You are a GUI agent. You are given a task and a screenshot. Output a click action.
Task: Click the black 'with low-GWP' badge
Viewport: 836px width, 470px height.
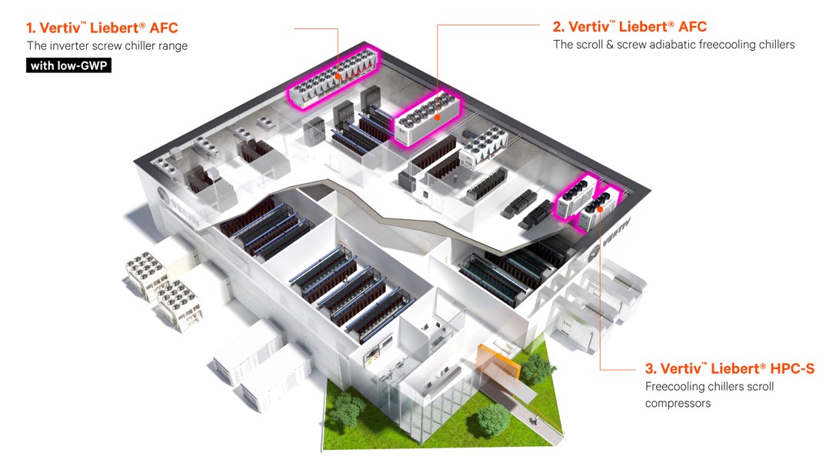coord(69,66)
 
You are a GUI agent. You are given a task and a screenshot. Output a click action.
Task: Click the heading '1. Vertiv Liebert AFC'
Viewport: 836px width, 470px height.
coord(102,28)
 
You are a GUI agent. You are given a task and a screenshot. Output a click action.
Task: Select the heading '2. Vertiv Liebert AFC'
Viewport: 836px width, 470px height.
coord(630,27)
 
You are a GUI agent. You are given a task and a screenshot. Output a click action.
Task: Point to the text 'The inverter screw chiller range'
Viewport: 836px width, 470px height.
coord(107,46)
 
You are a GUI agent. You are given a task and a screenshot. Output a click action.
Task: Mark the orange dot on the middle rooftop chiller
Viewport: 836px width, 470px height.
coord(438,118)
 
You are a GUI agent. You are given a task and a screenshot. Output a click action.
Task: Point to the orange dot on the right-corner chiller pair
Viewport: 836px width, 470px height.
coord(599,208)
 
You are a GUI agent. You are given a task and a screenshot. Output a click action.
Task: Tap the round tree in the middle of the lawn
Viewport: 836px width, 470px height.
coord(491,420)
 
